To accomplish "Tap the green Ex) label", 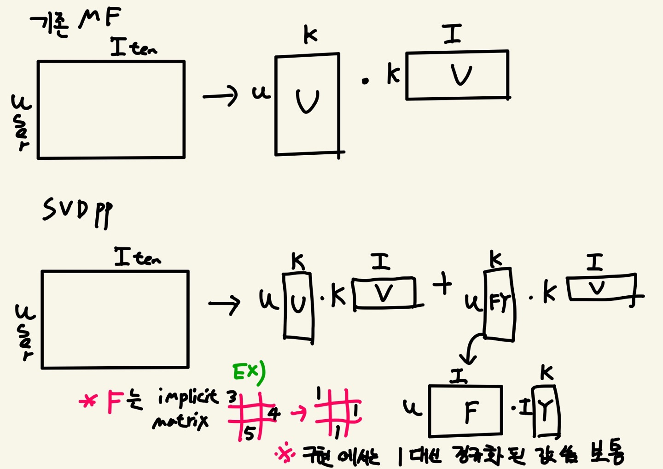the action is (249, 373).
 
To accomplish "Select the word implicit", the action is (187, 397).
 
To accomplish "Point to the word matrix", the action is (180, 421).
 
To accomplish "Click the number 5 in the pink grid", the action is (249, 434).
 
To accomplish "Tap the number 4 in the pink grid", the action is (273, 413).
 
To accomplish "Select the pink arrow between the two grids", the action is (299, 413).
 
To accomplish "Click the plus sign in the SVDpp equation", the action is (442, 283).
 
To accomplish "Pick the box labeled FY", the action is (500, 305).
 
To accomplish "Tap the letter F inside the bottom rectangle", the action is (471, 411).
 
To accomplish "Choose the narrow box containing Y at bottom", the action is (546, 411).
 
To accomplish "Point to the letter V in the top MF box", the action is (461, 75).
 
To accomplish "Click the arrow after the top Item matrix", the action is (220, 96).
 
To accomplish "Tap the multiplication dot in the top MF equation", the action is (365, 82).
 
